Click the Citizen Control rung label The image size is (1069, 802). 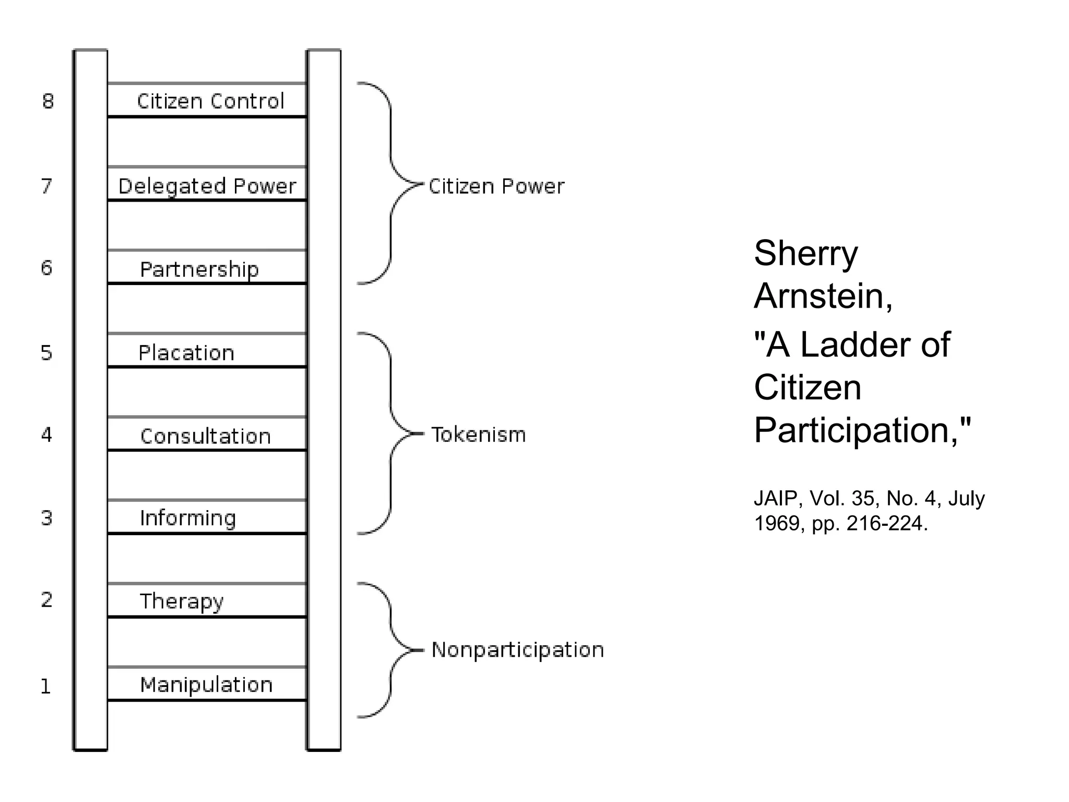point(210,101)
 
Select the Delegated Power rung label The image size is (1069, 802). point(207,186)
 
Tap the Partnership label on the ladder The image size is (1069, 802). point(199,269)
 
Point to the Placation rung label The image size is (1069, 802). point(186,353)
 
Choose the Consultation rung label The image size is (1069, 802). point(206,437)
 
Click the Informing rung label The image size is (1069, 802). point(188,518)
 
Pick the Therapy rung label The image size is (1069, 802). point(181,601)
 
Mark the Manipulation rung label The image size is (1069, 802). point(206,685)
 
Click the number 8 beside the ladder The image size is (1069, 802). point(47,101)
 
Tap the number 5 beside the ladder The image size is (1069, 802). point(46,353)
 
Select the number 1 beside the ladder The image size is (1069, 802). point(46,687)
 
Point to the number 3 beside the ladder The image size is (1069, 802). point(46,518)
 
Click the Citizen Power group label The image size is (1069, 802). point(496,186)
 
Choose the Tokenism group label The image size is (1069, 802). point(478,435)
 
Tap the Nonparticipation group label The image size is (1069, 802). point(517,650)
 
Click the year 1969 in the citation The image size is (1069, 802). point(776,523)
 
